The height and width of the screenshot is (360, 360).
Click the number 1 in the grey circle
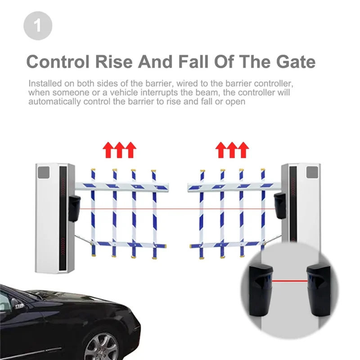click(38, 26)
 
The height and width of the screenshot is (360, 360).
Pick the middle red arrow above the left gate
click(119, 149)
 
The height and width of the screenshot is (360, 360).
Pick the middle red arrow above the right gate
click(232, 149)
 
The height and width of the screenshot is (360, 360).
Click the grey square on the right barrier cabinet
click(312, 172)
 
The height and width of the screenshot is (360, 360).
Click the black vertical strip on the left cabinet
click(63, 218)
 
